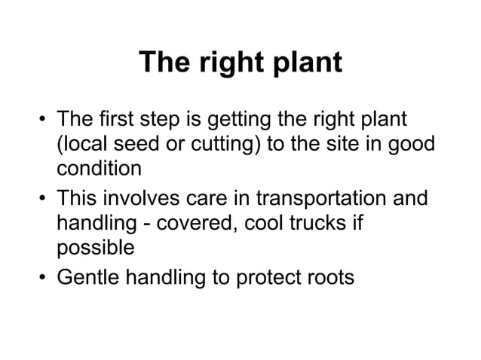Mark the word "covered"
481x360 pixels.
[x=207, y=224]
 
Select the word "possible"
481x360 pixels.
[x=95, y=248]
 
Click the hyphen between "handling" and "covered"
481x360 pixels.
[x=159, y=224]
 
